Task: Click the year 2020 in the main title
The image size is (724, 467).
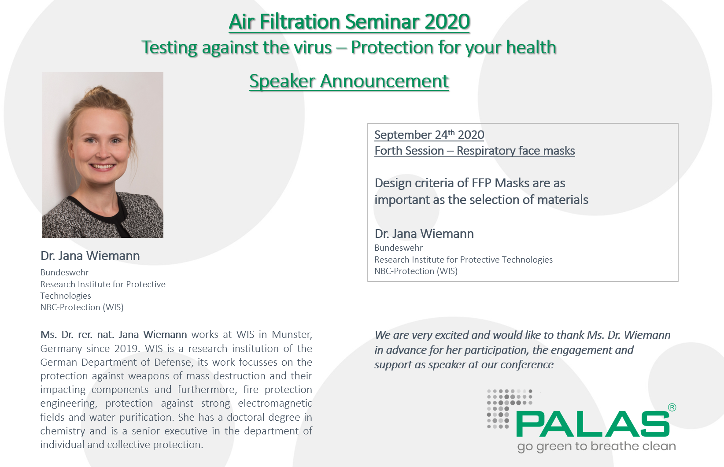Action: point(447,22)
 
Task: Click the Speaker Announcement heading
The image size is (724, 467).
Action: point(349,81)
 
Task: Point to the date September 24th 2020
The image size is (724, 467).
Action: point(429,135)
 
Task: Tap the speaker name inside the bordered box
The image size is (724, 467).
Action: point(424,233)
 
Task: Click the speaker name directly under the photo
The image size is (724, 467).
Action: point(90,256)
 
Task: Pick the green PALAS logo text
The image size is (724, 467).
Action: point(592,424)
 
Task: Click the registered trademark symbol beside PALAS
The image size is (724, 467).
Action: point(672,408)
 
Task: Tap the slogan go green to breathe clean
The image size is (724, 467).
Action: point(596,446)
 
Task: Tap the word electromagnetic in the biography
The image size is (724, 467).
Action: point(275,403)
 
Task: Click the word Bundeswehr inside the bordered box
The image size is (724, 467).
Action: point(399,248)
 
